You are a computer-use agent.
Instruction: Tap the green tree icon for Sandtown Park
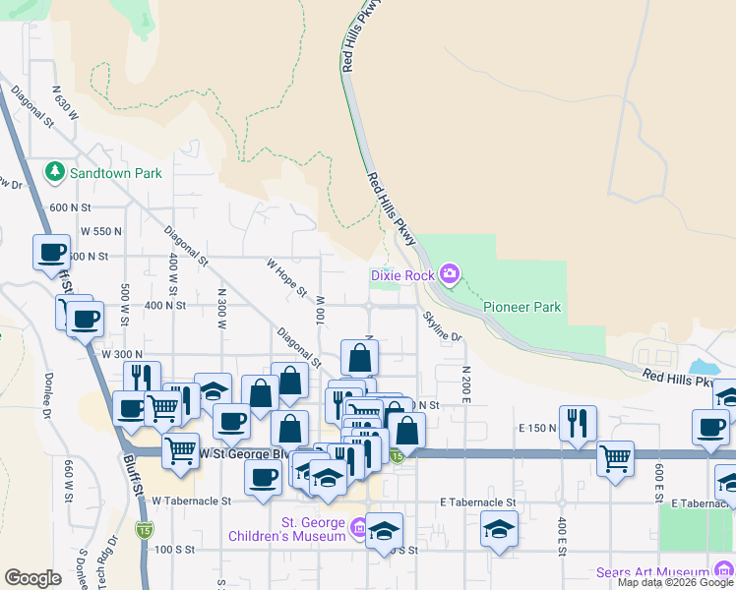[x=55, y=173]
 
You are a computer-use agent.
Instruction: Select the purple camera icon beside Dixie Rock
[x=450, y=273]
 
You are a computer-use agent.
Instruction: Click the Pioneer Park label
[x=521, y=307]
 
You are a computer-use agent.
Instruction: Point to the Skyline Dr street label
[x=443, y=327]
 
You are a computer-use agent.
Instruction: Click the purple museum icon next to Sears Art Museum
[x=724, y=571]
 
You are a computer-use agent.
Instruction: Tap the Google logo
[x=32, y=578]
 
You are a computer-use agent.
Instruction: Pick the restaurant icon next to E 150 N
[x=578, y=423]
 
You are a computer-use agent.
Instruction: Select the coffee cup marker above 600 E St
[x=710, y=427]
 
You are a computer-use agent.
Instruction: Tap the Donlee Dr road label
[x=48, y=392]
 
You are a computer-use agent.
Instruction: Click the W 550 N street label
[x=99, y=231]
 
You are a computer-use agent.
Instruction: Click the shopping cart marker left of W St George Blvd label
[x=179, y=450]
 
